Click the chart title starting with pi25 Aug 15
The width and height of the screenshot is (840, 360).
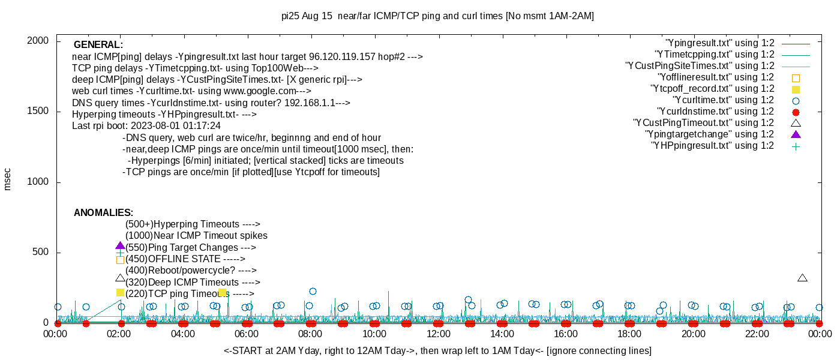click(x=437, y=16)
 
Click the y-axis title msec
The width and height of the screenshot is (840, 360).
click(x=8, y=179)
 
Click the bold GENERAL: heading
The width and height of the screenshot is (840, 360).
click(x=98, y=45)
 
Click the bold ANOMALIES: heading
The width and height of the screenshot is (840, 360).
click(x=103, y=213)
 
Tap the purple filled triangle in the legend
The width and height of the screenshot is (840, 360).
click(x=796, y=134)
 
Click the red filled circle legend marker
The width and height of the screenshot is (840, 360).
click(x=796, y=112)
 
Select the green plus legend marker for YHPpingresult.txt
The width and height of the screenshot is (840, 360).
click(x=796, y=146)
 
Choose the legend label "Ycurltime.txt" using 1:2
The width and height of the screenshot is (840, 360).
click(x=723, y=100)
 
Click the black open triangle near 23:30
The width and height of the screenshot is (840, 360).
click(x=802, y=278)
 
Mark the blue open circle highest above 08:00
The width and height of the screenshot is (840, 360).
click(x=313, y=292)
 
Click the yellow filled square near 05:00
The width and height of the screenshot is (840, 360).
click(x=222, y=293)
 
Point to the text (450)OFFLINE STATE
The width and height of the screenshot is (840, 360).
click(x=185, y=259)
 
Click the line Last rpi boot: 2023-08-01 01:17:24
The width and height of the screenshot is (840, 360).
click(x=146, y=126)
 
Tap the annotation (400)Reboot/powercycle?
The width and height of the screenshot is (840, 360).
click(x=191, y=271)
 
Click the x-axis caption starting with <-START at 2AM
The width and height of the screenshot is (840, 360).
click(x=437, y=350)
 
